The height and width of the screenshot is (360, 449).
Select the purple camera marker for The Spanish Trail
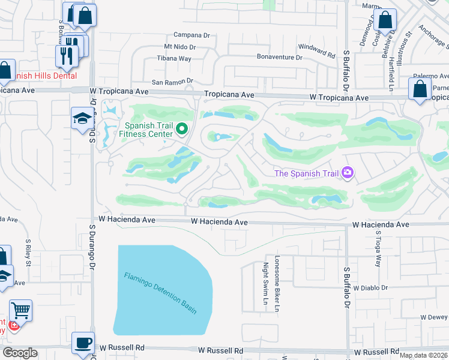347,173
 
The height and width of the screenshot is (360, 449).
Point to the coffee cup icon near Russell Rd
83,343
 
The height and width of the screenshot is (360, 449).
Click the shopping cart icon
20,311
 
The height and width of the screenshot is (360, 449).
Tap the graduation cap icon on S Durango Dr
81,118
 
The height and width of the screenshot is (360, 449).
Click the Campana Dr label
191,35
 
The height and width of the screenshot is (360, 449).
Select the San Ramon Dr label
172,81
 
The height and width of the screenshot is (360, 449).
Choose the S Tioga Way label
378,250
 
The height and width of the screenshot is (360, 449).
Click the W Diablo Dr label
372,288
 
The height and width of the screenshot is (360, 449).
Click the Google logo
20,353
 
